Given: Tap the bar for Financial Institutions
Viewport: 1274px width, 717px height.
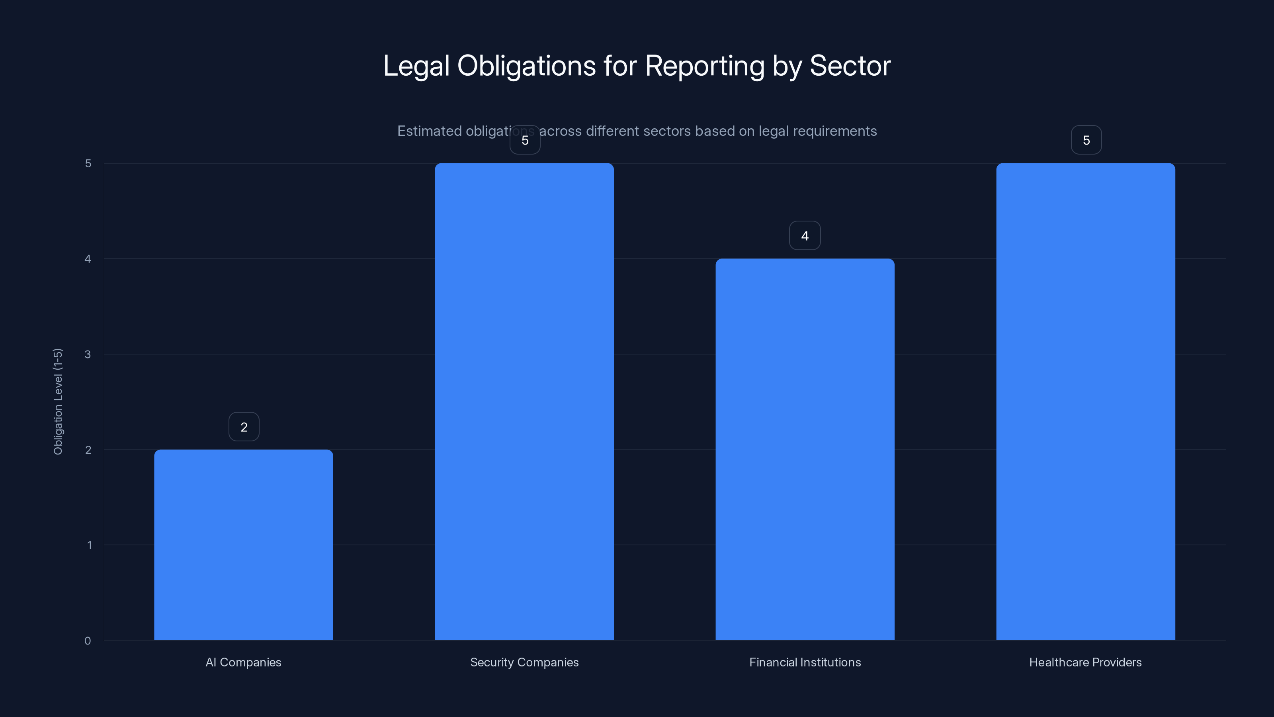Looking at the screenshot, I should [805, 449].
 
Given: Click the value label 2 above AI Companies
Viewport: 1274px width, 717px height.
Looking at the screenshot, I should [244, 427].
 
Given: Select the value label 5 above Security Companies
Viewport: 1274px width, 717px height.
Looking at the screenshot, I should [525, 141].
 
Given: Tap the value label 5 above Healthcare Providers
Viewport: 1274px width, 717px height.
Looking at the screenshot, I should [1086, 141].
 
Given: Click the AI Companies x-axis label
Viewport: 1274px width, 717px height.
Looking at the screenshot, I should [243, 662].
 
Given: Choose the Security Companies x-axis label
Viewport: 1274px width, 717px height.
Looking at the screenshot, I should [524, 662].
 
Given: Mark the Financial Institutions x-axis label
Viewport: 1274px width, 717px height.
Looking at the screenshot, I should [805, 662].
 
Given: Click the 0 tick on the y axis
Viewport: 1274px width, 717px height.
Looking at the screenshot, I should [88, 641].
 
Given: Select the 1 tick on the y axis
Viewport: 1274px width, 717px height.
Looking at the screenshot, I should [89, 545].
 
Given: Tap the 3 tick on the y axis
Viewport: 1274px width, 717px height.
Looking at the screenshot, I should [88, 354].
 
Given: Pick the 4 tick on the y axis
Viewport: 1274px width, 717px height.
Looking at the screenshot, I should [88, 259].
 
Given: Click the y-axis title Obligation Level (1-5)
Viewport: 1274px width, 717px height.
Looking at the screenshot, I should [58, 401].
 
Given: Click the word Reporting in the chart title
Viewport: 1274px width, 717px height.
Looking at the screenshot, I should [704, 66].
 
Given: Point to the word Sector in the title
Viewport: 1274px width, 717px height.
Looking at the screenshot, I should [850, 65].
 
